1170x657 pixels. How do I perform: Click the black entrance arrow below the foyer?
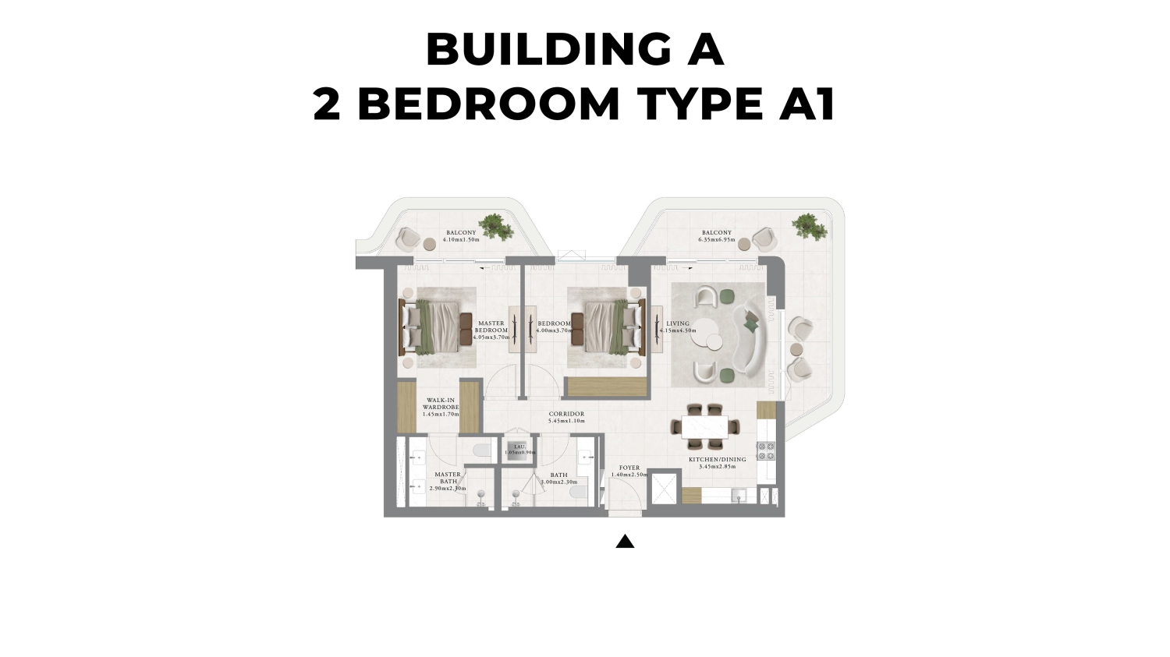[625, 542]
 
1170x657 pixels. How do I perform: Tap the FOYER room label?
[629, 468]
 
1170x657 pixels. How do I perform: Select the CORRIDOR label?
[566, 415]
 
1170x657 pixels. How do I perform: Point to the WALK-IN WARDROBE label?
[440, 404]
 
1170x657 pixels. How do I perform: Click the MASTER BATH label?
[448, 478]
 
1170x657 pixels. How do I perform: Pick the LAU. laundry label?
[519, 447]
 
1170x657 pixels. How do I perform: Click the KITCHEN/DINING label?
[717, 460]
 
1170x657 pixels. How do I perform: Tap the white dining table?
[705, 427]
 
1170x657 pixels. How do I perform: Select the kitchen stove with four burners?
[766, 451]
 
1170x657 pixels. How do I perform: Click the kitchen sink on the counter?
[738, 494]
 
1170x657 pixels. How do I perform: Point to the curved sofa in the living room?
[752, 337]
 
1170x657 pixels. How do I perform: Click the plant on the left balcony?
[495, 227]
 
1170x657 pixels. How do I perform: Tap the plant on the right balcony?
[808, 227]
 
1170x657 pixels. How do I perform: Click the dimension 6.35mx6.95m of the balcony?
[716, 240]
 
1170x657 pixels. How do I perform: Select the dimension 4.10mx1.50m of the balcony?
[460, 240]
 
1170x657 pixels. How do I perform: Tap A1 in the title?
[807, 104]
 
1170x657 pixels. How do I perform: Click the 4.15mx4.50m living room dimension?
[678, 330]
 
